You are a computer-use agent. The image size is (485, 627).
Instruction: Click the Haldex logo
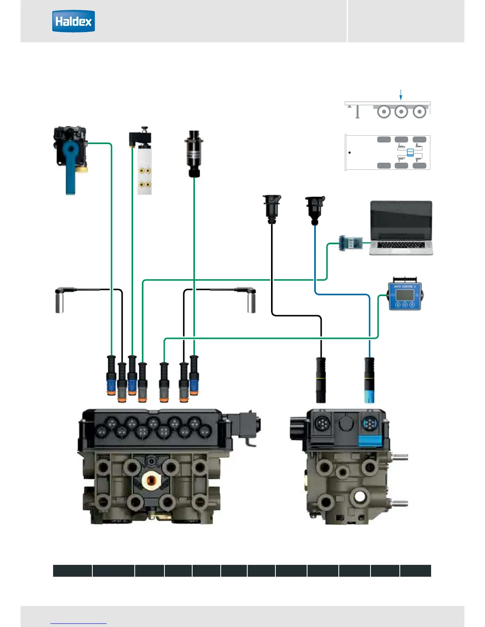[74, 21]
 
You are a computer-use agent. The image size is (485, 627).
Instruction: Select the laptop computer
[401, 228]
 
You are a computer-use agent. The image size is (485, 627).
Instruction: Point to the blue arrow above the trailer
[401, 95]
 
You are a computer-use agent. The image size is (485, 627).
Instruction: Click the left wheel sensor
[60, 301]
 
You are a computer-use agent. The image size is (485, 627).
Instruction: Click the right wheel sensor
[251, 301]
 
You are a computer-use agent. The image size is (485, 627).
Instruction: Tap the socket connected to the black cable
[272, 208]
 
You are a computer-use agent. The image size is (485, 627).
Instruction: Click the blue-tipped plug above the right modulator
[369, 380]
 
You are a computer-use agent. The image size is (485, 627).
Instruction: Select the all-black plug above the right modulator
[321, 380]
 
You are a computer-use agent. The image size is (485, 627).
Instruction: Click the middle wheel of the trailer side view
[401, 112]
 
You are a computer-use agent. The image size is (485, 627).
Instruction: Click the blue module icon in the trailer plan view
[410, 152]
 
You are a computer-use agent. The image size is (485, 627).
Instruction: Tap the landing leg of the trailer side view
[357, 112]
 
